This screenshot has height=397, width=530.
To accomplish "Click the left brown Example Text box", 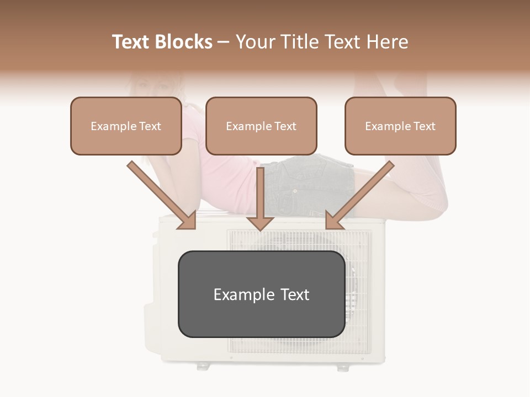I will [x=126, y=126].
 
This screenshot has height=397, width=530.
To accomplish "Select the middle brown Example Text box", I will [x=261, y=126].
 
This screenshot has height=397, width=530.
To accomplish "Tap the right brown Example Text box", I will [x=400, y=126].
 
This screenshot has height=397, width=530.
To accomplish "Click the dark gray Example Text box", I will [x=261, y=294].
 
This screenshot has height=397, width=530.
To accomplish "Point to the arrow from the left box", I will [x=160, y=193].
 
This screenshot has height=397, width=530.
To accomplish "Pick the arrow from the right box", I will [x=362, y=193].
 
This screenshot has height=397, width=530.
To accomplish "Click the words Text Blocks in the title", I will [x=162, y=42].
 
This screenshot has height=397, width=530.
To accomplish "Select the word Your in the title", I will [x=256, y=42].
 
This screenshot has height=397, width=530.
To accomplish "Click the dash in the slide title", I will [x=224, y=42].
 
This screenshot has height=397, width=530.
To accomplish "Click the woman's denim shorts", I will [x=309, y=185].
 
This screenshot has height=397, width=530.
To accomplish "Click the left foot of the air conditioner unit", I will [x=203, y=366].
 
